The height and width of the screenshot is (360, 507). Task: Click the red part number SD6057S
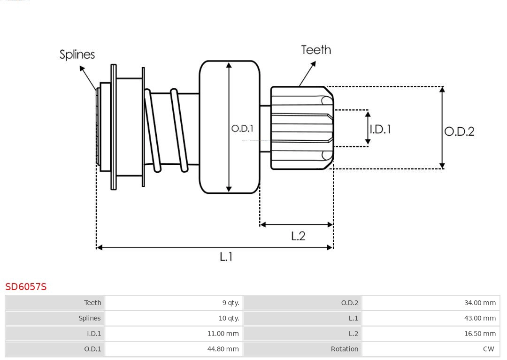point(26,286)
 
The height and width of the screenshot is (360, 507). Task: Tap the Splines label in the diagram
point(77,54)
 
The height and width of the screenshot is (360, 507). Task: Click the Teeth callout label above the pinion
point(316,50)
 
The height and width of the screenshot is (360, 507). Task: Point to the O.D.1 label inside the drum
point(242,128)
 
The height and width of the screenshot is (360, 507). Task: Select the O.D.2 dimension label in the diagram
point(459,131)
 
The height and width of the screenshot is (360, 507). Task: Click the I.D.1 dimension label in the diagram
point(380,129)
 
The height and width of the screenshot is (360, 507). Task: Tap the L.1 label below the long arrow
point(226,257)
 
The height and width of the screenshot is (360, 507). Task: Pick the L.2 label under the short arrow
point(298,236)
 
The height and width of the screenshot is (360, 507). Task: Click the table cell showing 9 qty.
point(230,303)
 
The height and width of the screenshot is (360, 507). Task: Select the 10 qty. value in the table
point(229,318)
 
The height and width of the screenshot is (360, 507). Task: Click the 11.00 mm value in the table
point(223,334)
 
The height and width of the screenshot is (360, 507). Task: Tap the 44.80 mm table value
point(223,349)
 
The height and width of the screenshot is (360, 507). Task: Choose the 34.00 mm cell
point(480,303)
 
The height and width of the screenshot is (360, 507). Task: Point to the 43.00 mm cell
point(480,318)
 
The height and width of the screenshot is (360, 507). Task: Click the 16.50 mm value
point(480,334)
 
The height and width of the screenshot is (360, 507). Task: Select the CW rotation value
point(488,349)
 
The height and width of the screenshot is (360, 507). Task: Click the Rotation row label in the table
point(344,349)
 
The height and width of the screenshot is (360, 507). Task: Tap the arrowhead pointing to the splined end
point(82,69)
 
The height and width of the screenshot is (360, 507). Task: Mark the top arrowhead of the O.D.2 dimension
point(442,89)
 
